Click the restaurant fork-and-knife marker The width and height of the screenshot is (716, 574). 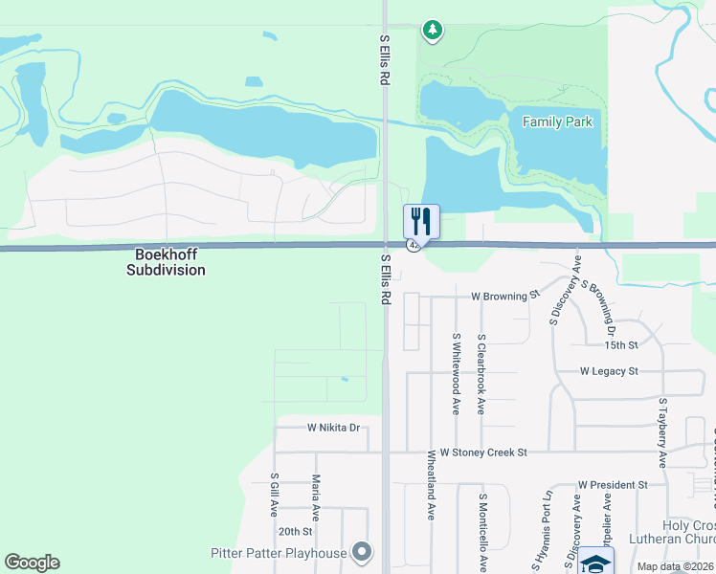(x=421, y=221)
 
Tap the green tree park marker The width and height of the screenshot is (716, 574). (x=433, y=31)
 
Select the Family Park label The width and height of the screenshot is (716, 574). (x=557, y=121)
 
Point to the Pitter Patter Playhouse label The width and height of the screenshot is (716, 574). (x=279, y=553)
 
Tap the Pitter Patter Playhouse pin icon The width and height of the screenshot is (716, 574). (x=361, y=552)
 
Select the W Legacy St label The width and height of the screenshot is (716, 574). (x=609, y=370)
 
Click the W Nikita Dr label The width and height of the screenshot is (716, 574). (x=333, y=428)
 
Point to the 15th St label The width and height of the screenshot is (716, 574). (x=621, y=344)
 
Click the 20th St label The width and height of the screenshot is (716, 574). (x=295, y=531)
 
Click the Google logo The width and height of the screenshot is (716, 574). (x=32, y=562)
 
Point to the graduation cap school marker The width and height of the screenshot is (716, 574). (x=596, y=563)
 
